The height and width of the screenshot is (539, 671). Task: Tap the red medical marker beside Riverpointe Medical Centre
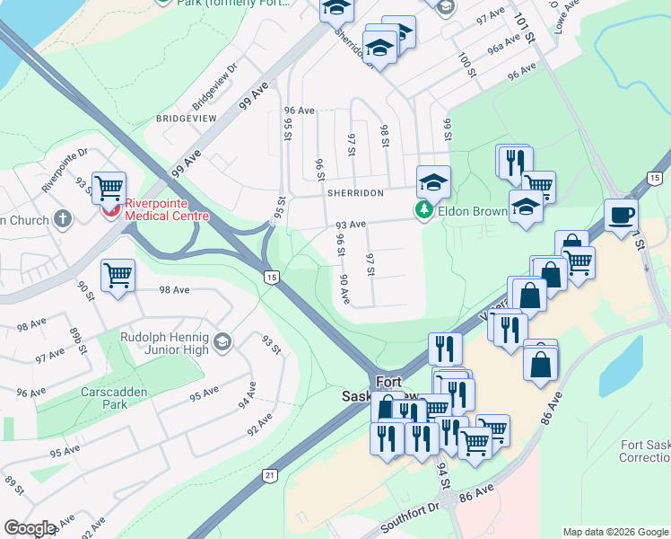click(x=109, y=209)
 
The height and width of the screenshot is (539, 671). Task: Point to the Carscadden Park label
click(x=115, y=399)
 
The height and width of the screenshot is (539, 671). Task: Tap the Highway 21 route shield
click(x=270, y=475)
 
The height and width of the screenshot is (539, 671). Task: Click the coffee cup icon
click(x=621, y=216)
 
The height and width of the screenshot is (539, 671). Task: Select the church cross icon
click(x=62, y=218)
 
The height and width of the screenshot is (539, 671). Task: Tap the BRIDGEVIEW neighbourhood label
click(x=187, y=118)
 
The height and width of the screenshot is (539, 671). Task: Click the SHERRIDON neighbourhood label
click(x=355, y=193)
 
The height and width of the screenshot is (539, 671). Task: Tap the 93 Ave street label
click(x=351, y=225)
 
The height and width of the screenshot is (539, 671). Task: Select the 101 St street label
click(x=524, y=27)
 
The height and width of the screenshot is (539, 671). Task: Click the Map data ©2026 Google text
click(x=614, y=532)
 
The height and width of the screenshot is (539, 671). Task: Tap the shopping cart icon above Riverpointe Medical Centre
click(x=109, y=187)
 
